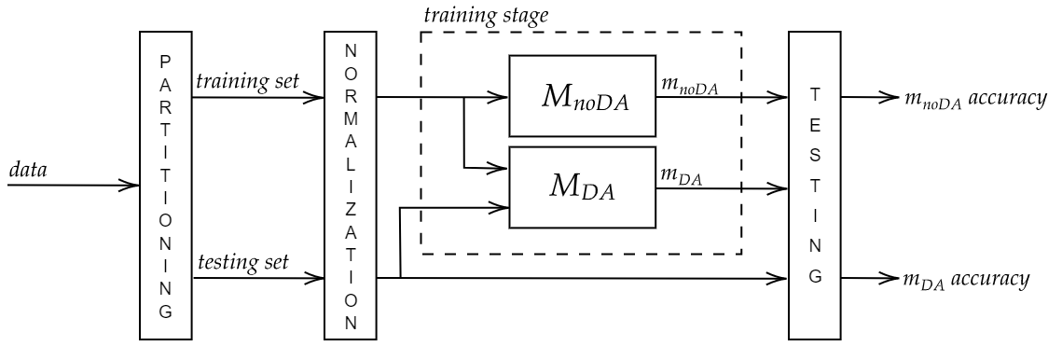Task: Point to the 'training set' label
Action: (247, 81)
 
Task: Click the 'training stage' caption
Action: (472, 15)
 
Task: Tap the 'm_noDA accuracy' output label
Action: (970, 99)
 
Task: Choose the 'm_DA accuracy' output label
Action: (964, 279)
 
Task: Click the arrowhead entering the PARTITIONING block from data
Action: (131, 185)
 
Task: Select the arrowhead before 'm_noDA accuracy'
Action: (890, 97)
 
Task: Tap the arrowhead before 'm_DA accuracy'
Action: (890, 278)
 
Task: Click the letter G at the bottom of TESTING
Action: (815, 277)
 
